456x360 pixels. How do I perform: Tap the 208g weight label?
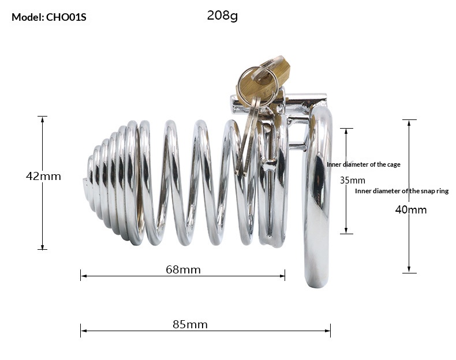[x=222, y=16]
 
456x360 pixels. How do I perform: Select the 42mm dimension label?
[x=43, y=176]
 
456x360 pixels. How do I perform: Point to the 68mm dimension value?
[x=182, y=269]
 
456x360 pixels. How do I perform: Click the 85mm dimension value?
[x=190, y=324]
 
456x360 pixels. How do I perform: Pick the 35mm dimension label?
[x=352, y=180]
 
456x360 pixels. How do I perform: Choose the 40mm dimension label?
[x=411, y=209]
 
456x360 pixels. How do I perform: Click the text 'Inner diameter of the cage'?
[x=363, y=164]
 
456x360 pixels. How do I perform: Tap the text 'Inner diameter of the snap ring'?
[x=401, y=191]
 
